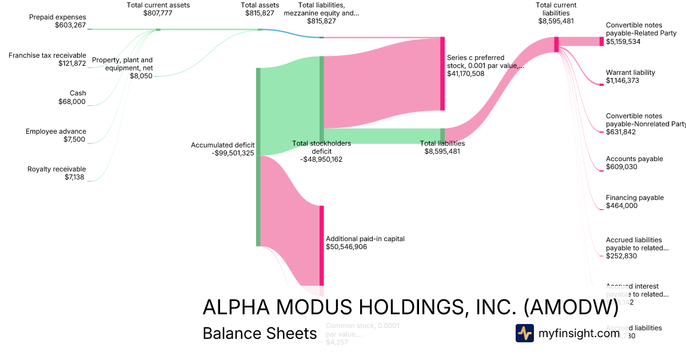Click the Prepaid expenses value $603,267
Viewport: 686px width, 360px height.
[x=70, y=25]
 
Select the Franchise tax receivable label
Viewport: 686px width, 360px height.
[x=47, y=55]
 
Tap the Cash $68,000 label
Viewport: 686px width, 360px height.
[x=72, y=97]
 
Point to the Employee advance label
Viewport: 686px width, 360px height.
[x=55, y=131]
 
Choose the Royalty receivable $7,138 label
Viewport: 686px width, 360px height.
[x=57, y=173]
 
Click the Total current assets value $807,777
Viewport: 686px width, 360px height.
[x=158, y=13]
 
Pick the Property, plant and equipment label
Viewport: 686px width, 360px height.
[x=122, y=63]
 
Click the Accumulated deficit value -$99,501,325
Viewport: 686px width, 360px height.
[x=222, y=153]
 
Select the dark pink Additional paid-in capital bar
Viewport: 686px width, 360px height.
[x=321, y=245]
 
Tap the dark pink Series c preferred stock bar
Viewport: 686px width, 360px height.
[x=442, y=74]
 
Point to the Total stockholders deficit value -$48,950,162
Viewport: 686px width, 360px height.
[x=321, y=159]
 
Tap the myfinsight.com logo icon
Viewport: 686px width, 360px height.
[x=524, y=333]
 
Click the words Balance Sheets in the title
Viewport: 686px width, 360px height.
[x=260, y=334]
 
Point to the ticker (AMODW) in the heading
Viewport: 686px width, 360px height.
[x=571, y=307]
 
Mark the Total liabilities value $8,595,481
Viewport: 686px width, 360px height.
[x=442, y=151]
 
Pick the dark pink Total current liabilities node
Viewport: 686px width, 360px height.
[x=556, y=45]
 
